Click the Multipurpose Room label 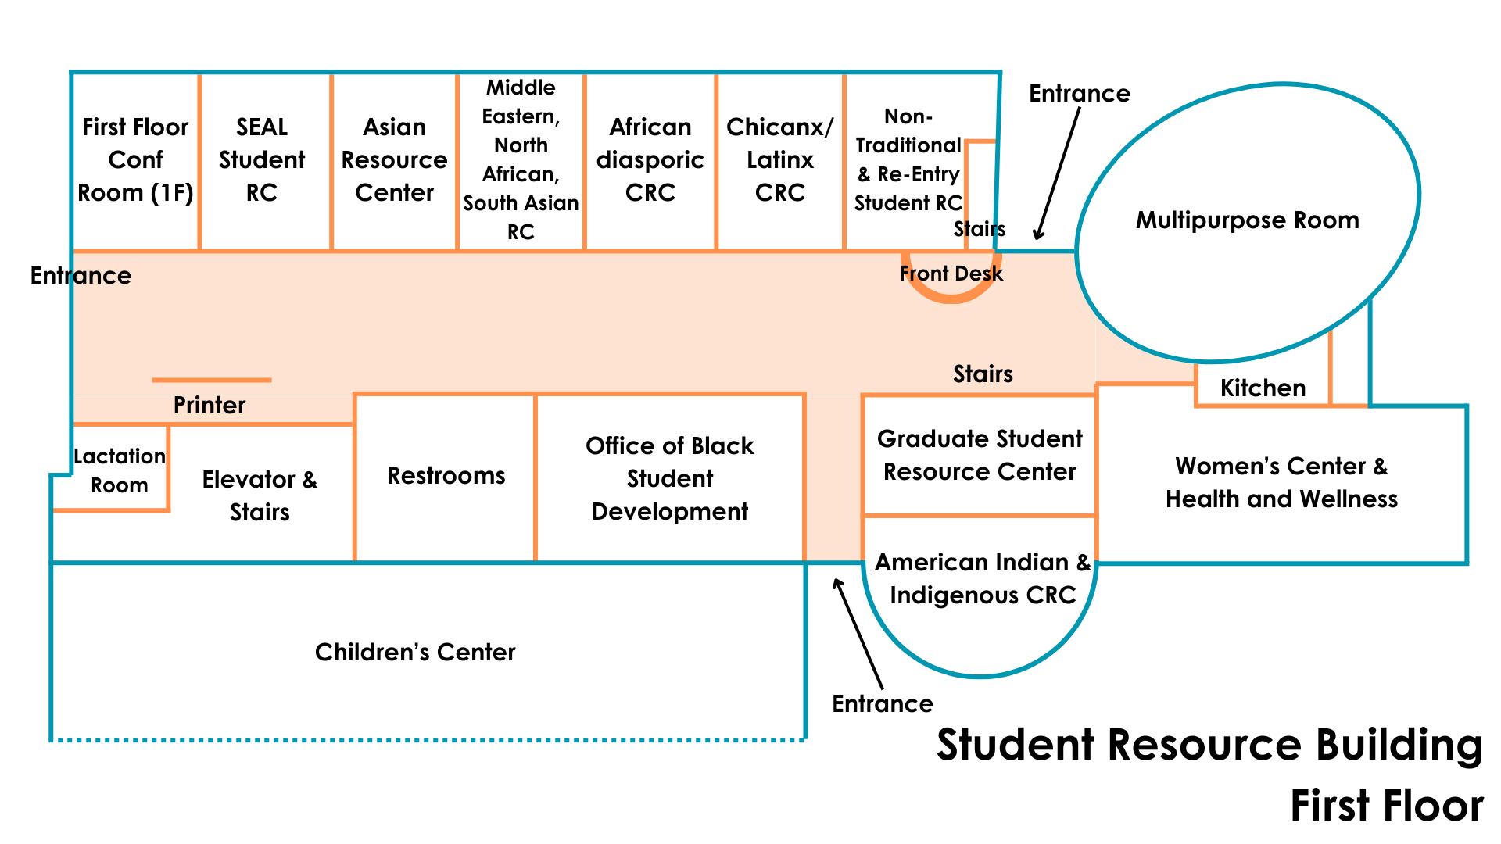1247,220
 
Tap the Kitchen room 1263,388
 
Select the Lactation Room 120,470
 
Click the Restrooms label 446,476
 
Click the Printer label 209,406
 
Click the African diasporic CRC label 650,160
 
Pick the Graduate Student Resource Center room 979,456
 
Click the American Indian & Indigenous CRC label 982,579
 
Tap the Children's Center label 415,653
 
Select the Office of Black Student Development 669,478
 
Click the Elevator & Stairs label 260,496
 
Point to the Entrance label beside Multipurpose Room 1079,94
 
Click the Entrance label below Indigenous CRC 882,704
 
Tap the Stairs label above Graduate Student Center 983,374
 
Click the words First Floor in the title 1386,806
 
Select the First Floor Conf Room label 135,160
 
